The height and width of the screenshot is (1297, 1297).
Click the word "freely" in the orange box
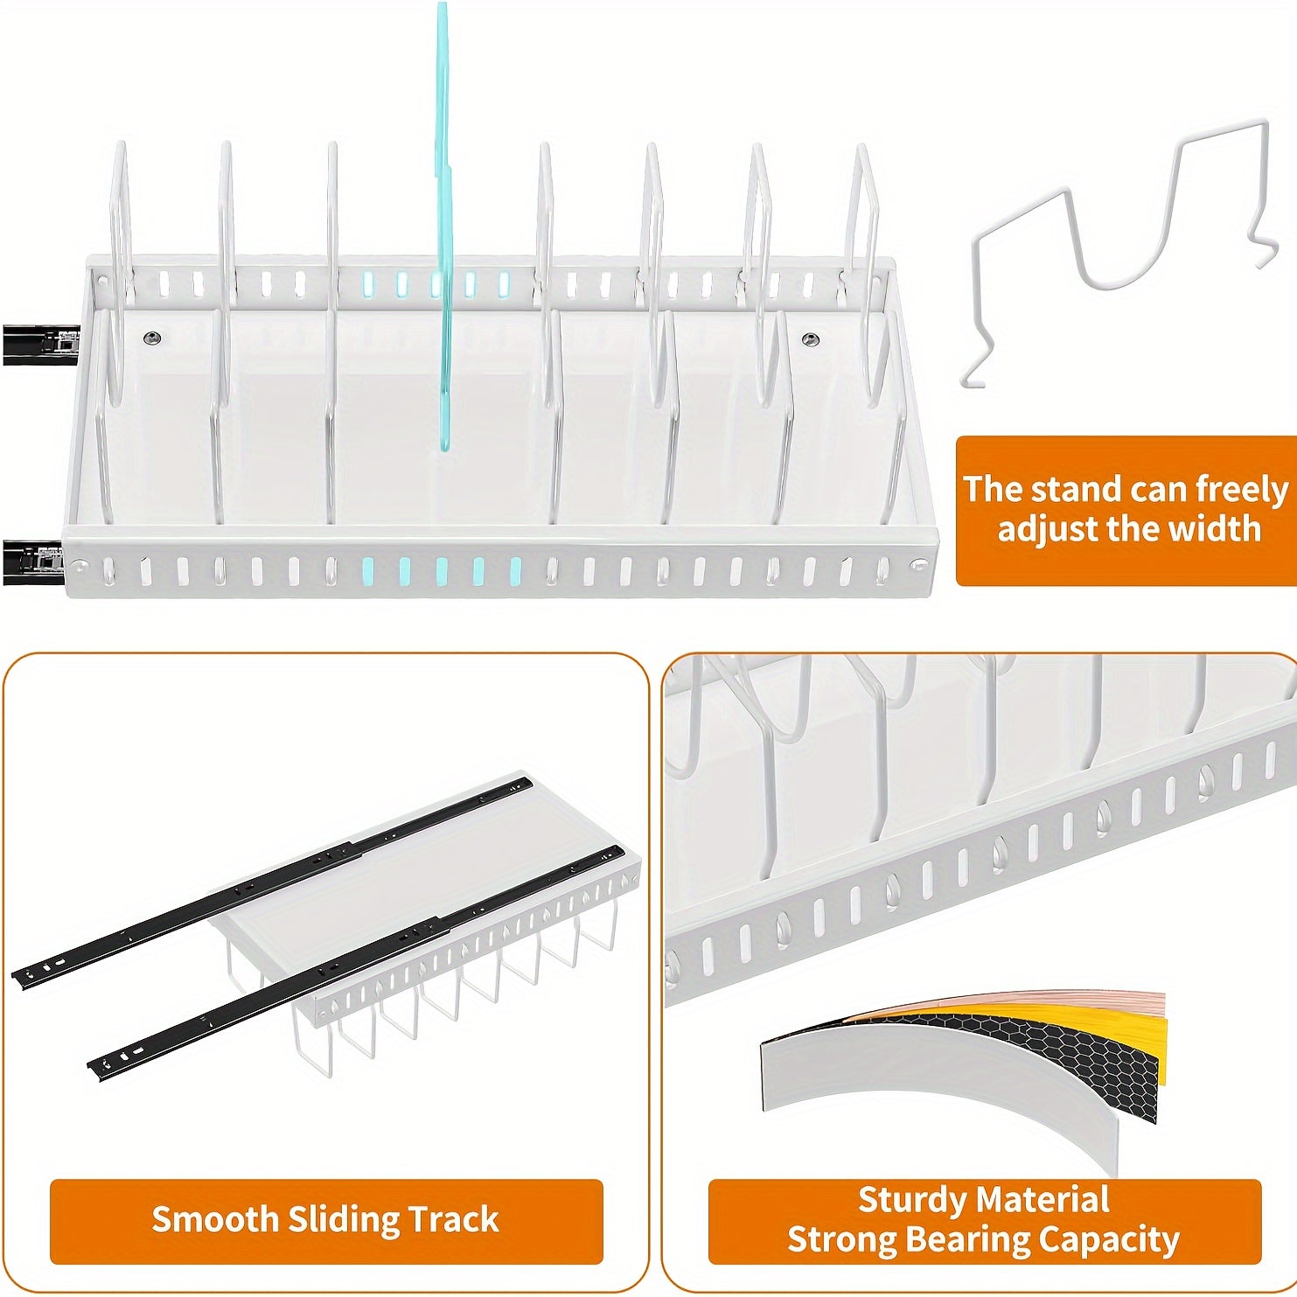(x=1241, y=491)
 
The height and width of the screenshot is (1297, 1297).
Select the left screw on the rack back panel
(x=153, y=338)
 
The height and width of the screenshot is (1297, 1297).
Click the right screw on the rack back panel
(x=810, y=338)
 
